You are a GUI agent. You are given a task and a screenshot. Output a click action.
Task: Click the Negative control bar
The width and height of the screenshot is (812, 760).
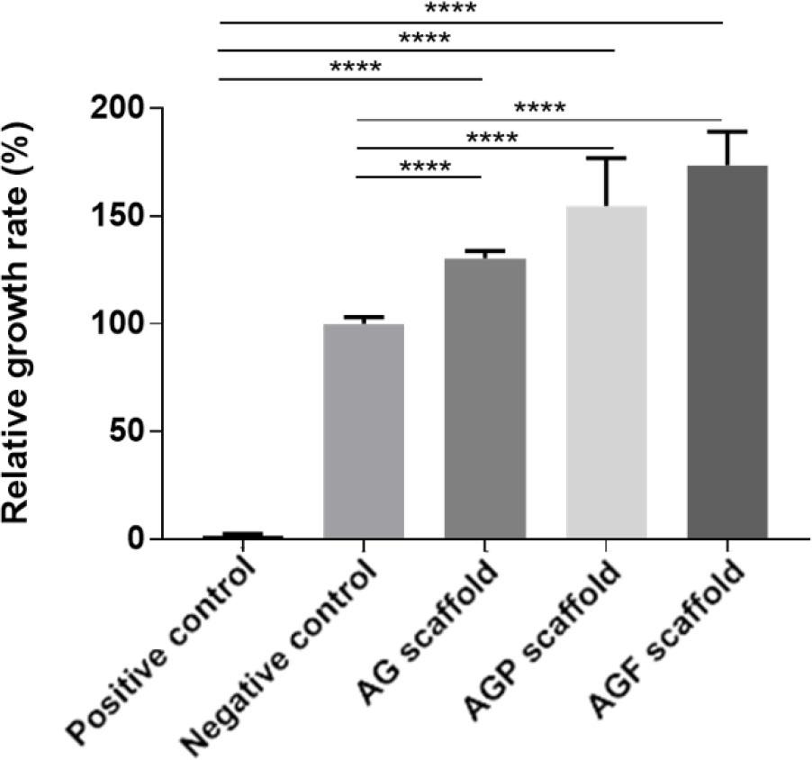pyautogui.click(x=364, y=431)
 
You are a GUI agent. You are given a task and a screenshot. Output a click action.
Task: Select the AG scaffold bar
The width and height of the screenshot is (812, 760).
pyautogui.click(x=485, y=398)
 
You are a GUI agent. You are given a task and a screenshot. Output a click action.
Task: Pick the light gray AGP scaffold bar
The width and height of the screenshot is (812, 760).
pyautogui.click(x=607, y=372)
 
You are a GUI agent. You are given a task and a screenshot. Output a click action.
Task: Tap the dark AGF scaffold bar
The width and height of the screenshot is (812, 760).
pyautogui.click(x=727, y=352)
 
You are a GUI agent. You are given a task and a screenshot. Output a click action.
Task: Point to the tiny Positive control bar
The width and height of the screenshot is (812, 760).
pyautogui.click(x=243, y=537)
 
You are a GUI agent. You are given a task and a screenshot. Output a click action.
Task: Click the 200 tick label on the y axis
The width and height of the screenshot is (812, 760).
pyautogui.click(x=116, y=109)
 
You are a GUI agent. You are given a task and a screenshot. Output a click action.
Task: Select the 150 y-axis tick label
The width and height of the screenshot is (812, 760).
pyautogui.click(x=116, y=216)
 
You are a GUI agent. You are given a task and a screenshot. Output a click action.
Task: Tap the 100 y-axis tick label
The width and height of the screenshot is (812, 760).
pyautogui.click(x=116, y=324)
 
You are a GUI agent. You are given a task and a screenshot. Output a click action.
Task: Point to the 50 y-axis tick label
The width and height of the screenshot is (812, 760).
pyautogui.click(x=126, y=431)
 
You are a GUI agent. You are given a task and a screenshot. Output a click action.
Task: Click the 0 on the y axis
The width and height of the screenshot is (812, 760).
pyautogui.click(x=135, y=539)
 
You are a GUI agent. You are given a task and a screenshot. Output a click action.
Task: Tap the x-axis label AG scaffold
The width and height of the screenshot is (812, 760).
pyautogui.click(x=429, y=633)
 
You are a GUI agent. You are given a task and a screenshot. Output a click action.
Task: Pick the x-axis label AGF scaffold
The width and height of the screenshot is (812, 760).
pyautogui.click(x=667, y=640)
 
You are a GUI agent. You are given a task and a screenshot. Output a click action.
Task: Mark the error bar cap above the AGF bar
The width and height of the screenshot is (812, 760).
pyautogui.click(x=727, y=131)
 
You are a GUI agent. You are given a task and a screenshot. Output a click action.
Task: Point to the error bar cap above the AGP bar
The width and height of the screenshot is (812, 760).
pyautogui.click(x=607, y=158)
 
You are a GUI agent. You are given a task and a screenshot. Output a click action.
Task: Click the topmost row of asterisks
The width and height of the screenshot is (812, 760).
pyautogui.click(x=450, y=8)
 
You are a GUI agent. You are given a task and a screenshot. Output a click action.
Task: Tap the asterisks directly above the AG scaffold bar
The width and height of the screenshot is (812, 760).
pyautogui.click(x=425, y=167)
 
